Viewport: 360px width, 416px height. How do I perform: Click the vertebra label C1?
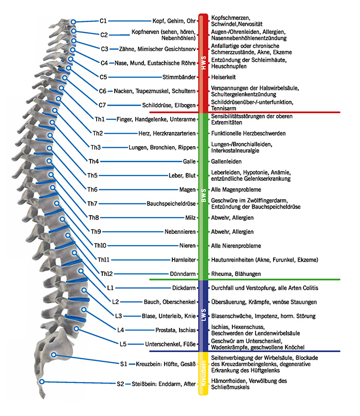pos(103,21)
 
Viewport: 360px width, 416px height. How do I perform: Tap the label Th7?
pos(92,203)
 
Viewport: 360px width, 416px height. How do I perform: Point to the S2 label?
pos(120,384)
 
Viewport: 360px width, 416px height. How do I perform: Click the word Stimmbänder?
pos(179,77)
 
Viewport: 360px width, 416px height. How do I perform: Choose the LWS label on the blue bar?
pos(203,315)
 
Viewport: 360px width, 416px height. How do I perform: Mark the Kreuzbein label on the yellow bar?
pos(203,376)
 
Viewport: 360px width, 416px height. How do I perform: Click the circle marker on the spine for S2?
pos(42,382)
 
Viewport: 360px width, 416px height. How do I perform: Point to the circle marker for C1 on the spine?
pos(74,22)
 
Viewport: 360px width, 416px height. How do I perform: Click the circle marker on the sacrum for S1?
pos(54,355)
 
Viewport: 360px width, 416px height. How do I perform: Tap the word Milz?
pos(190,217)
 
